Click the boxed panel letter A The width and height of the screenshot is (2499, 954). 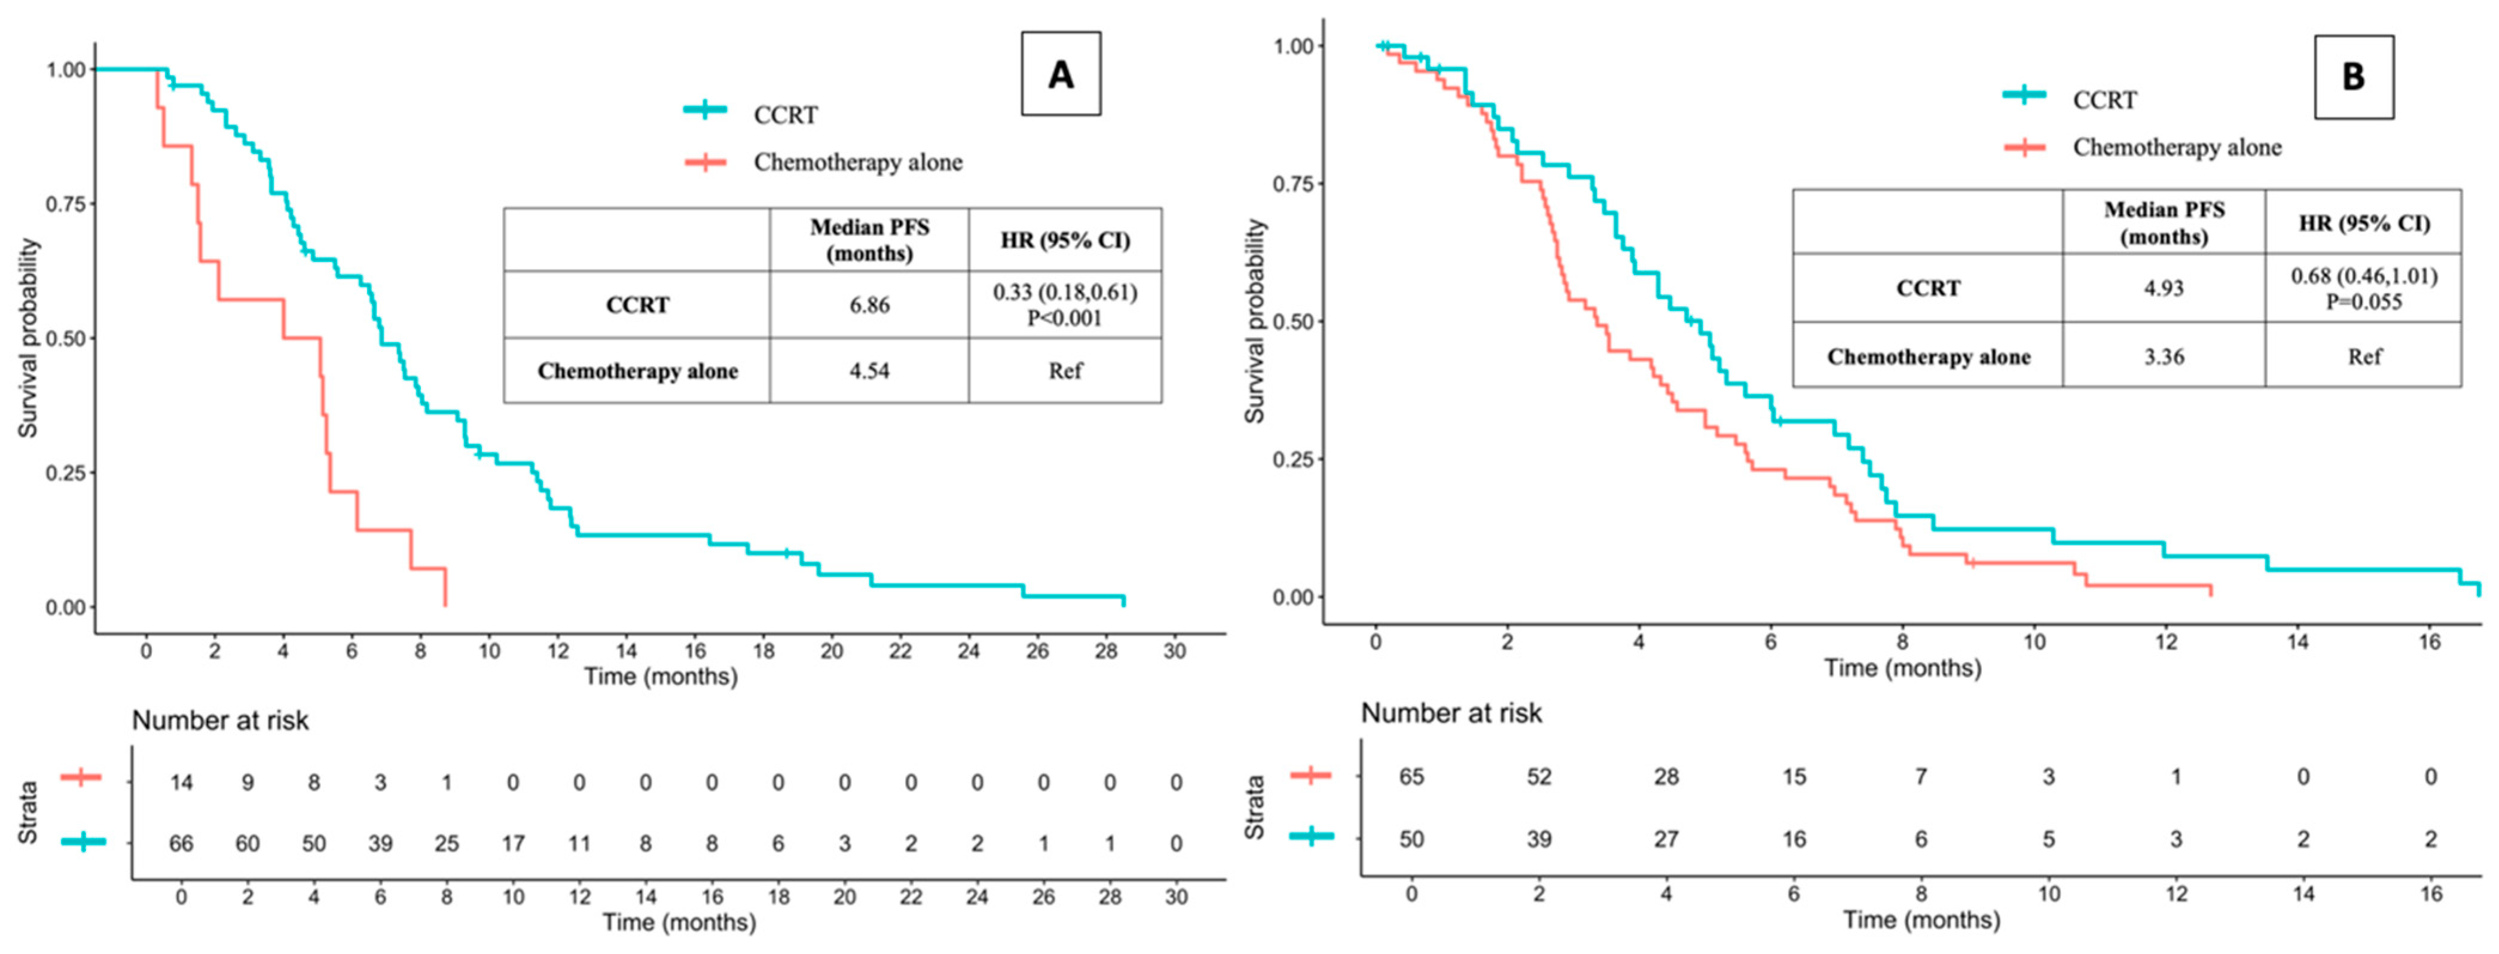click(x=1061, y=75)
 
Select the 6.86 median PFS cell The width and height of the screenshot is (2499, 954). click(x=869, y=304)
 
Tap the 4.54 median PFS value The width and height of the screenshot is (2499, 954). click(x=869, y=371)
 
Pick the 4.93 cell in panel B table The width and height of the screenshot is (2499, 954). click(x=2164, y=288)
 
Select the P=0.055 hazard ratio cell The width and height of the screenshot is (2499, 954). click(x=2364, y=288)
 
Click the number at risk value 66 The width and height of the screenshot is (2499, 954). click(x=181, y=843)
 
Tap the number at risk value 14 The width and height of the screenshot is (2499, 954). click(x=181, y=782)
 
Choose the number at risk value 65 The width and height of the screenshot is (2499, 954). click(x=1412, y=776)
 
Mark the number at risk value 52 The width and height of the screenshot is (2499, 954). click(x=1539, y=776)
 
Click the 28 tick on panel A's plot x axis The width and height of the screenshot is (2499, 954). click(x=1106, y=650)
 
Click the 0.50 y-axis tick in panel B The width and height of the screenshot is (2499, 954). click(x=1293, y=321)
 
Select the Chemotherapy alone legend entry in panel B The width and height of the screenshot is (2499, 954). click(x=2143, y=148)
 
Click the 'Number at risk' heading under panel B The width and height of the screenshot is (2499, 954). click(x=1452, y=714)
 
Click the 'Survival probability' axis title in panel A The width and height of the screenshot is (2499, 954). click(x=29, y=338)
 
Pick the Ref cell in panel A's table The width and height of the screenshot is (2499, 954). click(x=1065, y=371)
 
